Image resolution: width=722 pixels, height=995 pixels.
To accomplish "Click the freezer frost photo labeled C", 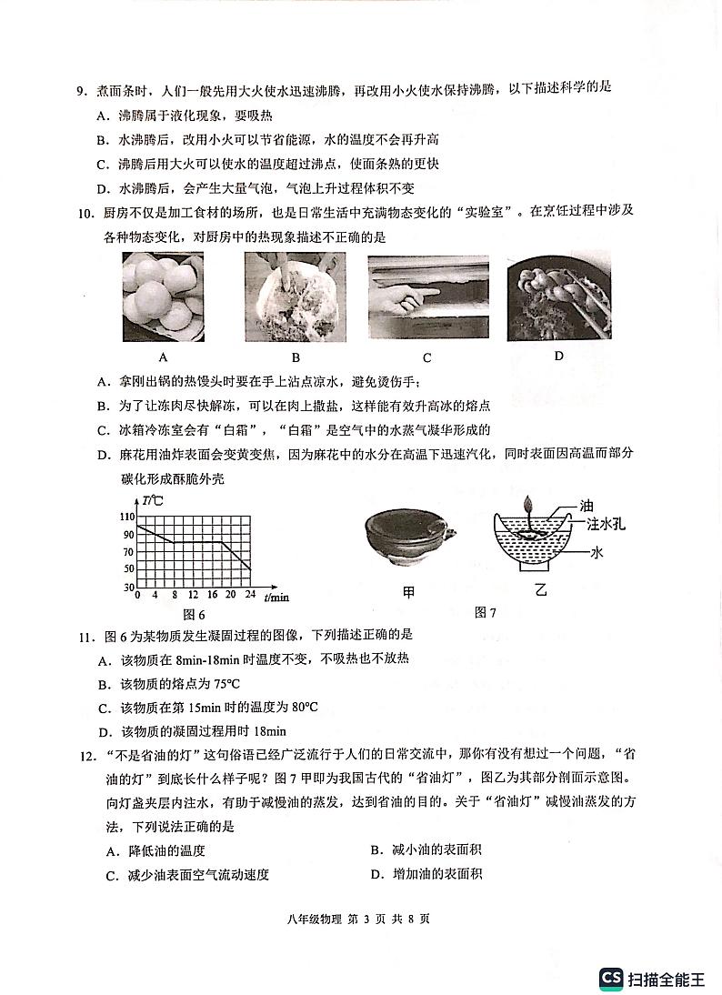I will pos(427,296).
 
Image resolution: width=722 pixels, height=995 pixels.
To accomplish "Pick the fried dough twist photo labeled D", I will pos(557,293).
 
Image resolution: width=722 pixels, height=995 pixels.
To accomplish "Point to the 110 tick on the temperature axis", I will pos(127,516).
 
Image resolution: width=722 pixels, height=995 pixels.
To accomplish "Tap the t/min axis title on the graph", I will pos(276,597).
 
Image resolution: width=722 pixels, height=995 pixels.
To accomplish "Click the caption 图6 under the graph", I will pos(195,615).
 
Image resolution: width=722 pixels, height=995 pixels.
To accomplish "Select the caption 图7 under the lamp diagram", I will pos(486,612).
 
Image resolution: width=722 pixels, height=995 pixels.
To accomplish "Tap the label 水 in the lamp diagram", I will pos(597,551).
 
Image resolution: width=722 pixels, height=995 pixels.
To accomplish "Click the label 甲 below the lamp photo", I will pos(408,593).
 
